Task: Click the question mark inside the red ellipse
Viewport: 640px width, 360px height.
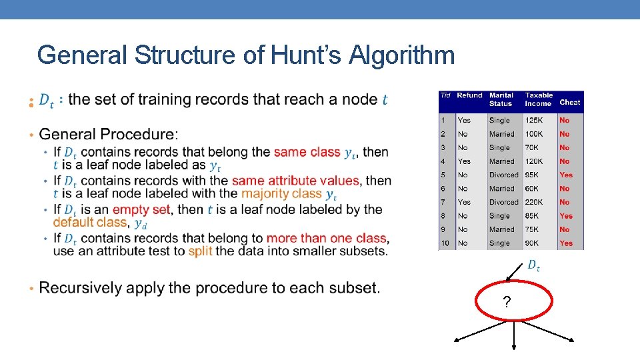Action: coord(507,303)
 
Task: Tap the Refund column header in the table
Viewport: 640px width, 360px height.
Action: coord(469,96)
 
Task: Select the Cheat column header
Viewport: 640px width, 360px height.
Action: coord(570,103)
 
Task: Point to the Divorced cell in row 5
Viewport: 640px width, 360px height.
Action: coord(503,175)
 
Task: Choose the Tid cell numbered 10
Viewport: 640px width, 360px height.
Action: coord(445,243)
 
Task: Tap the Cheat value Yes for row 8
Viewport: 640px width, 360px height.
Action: coord(566,216)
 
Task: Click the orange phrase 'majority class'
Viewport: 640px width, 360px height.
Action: coord(282,194)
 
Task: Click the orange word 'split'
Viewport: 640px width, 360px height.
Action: coord(201,251)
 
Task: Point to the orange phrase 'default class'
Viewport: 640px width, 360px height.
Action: coord(90,223)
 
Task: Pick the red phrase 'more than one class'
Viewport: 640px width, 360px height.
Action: coord(326,238)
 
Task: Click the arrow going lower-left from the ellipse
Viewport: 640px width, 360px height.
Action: coord(477,331)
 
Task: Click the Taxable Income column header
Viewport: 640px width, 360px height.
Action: coord(539,99)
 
